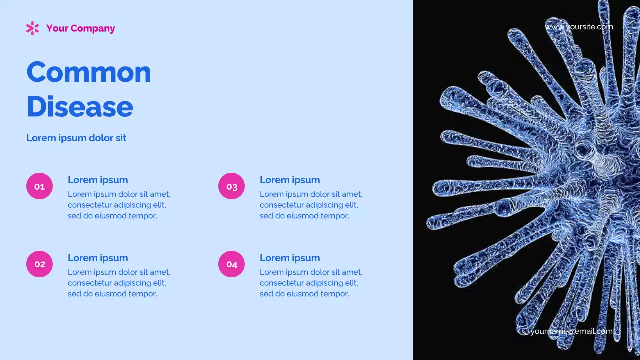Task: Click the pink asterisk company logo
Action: point(32,28)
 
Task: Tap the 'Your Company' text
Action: point(80,28)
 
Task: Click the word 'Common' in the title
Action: point(89,72)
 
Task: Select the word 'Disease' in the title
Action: point(80,106)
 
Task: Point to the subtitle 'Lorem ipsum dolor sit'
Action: point(76,138)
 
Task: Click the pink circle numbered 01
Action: point(39,186)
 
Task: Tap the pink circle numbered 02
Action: point(39,264)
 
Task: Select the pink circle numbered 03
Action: point(231,186)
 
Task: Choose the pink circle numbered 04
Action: point(231,264)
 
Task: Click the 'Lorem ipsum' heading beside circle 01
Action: point(98,180)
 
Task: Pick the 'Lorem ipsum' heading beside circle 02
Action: point(98,258)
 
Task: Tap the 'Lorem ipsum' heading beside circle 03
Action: point(290,180)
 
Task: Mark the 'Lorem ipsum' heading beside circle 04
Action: point(290,258)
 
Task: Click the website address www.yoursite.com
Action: point(579,27)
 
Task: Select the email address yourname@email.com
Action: point(571,331)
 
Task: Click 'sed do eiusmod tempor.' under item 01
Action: point(112,216)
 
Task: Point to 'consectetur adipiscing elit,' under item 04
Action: point(309,283)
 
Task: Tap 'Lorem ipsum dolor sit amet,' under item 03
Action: point(311,194)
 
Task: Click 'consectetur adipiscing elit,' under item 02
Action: point(117,283)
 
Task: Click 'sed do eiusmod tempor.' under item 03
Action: point(304,216)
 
